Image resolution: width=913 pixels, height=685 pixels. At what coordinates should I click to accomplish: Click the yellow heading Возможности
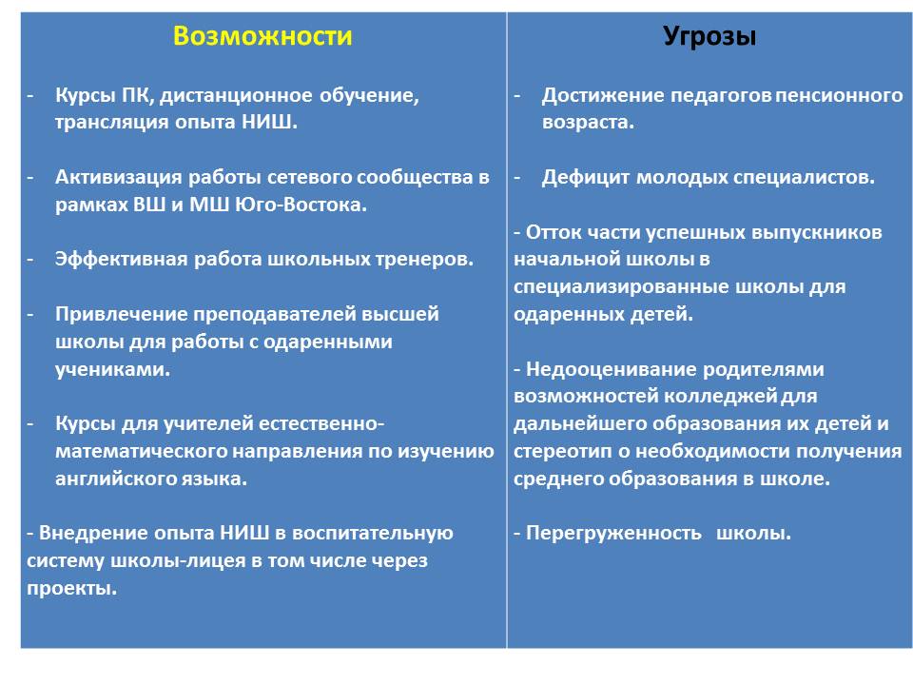pyautogui.click(x=262, y=36)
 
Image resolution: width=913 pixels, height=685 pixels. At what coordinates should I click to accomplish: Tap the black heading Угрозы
pyautogui.click(x=709, y=37)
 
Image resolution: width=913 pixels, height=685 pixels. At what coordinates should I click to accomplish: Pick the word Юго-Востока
pyautogui.click(x=301, y=205)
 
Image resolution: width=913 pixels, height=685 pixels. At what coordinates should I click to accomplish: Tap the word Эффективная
pyautogui.click(x=121, y=259)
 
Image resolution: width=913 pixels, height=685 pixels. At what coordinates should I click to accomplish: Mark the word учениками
pyautogui.click(x=112, y=369)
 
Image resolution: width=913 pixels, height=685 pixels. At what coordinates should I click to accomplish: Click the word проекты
pyautogui.click(x=71, y=588)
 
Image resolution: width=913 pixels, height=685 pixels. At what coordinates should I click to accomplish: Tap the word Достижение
pyautogui.click(x=603, y=95)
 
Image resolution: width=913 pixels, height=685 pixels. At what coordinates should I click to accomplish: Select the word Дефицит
pyautogui.click(x=586, y=177)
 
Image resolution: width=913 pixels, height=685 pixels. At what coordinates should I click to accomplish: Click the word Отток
pyautogui.click(x=554, y=233)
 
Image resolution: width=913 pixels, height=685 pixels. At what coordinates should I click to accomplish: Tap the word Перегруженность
pyautogui.click(x=613, y=534)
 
